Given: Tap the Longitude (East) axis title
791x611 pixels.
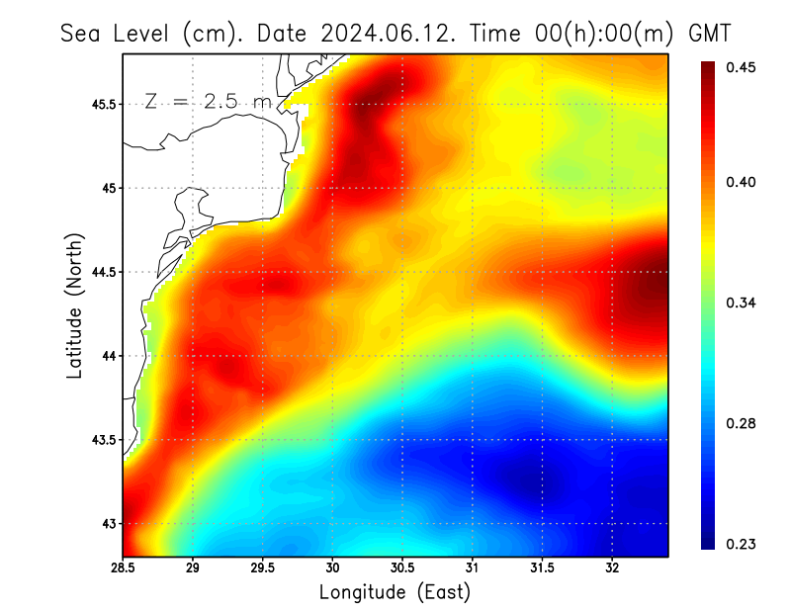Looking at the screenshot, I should [x=395, y=592].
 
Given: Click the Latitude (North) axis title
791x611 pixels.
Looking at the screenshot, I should [x=74, y=305].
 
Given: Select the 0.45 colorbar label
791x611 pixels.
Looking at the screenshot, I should [x=743, y=67].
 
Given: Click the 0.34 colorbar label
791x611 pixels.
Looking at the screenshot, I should [x=743, y=303].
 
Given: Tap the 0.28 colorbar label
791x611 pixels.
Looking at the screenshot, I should [x=743, y=423].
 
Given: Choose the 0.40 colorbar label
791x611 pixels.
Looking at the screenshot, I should [x=743, y=182].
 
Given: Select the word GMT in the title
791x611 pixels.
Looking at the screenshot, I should [x=709, y=33].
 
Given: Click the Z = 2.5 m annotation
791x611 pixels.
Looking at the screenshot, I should [x=207, y=101].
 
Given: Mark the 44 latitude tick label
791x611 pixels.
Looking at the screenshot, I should [x=108, y=356].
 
